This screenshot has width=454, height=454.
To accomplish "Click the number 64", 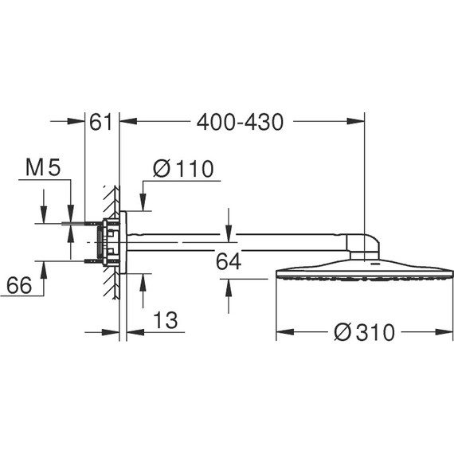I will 229,261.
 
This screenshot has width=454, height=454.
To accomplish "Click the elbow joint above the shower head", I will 365,243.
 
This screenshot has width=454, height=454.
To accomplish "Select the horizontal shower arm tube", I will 239,237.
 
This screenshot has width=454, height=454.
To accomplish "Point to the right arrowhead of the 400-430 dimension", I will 358,122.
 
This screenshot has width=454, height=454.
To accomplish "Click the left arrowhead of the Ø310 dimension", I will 281,332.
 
